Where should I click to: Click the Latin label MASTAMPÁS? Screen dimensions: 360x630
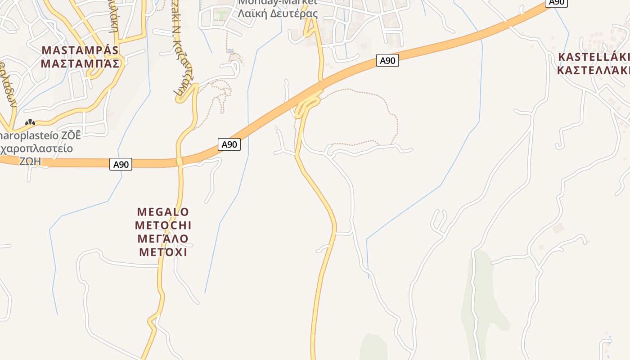pos(80,50)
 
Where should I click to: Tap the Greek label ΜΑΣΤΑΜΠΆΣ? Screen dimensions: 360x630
pos(80,63)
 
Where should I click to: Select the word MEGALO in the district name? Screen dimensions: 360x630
pos(163,211)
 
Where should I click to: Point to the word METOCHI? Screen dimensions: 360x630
pos(163,225)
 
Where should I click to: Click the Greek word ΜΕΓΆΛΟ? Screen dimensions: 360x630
pos(163,238)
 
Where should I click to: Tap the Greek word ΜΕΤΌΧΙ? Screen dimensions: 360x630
pos(163,252)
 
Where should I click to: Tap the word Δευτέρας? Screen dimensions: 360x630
pos(297,13)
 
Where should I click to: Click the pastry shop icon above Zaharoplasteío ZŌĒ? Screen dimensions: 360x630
pos(30,122)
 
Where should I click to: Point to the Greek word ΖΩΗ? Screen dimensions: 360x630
pos(30,161)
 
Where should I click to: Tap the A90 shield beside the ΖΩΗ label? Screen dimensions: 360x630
pos(121,164)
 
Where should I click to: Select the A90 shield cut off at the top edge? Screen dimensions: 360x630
pos(556,3)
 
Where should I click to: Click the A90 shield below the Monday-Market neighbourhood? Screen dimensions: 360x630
pos(387,60)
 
